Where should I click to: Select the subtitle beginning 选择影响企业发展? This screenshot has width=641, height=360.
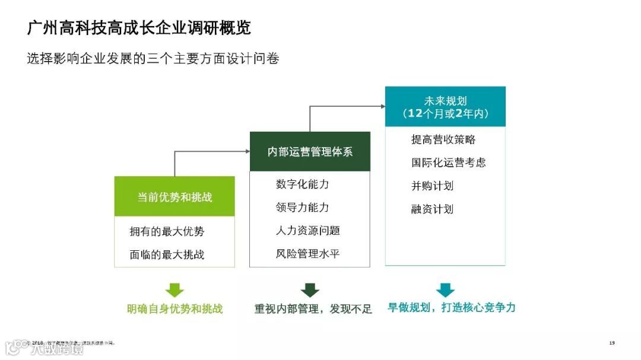point(153,59)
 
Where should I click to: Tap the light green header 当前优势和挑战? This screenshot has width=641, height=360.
point(174,197)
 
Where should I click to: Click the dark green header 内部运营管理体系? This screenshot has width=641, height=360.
point(310,152)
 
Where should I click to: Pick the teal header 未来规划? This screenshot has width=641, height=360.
point(445,107)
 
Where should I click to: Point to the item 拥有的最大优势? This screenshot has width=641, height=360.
point(167,231)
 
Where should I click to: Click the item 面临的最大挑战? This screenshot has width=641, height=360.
point(167,254)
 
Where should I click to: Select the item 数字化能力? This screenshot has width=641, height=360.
point(302,184)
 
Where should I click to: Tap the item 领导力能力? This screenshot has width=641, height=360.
point(302,208)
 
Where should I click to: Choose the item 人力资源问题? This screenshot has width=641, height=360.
point(307,231)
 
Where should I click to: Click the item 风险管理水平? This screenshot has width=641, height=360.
point(307,254)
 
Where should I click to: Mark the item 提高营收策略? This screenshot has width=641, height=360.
point(443,139)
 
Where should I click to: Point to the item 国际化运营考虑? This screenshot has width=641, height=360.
point(449,163)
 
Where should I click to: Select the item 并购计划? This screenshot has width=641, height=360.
point(432,186)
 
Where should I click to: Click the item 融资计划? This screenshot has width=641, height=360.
point(432,209)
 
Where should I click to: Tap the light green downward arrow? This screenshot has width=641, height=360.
point(174,290)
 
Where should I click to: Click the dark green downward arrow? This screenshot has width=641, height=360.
point(310,290)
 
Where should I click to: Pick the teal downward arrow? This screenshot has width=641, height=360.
point(445,290)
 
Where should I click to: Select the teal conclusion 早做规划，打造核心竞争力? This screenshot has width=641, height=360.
point(452,308)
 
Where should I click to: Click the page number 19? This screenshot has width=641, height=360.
point(612,343)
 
